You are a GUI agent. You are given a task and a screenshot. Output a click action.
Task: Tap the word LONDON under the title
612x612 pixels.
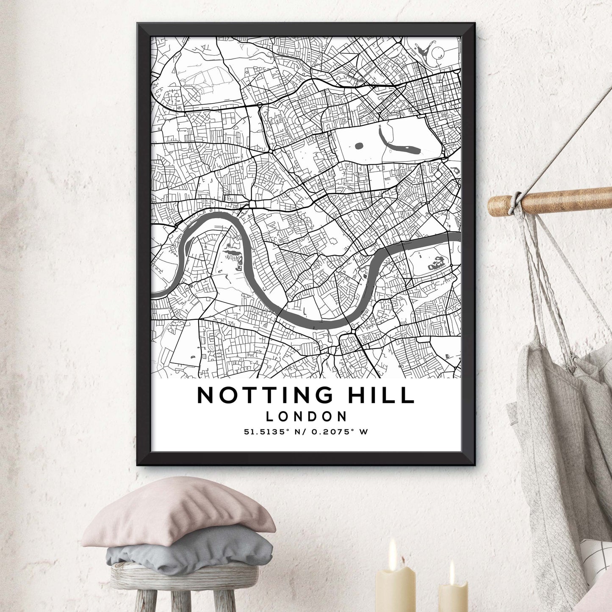pyautogui.click(x=306, y=416)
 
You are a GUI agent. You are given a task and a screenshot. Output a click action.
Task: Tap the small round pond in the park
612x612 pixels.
pyautogui.click(x=360, y=147)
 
